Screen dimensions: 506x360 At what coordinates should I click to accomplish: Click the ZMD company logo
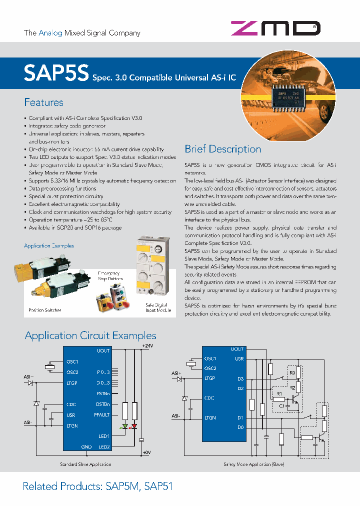pos(275,28)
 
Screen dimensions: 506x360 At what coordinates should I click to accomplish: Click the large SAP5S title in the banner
pos(55,73)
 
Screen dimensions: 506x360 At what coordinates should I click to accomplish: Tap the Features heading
pos(44,102)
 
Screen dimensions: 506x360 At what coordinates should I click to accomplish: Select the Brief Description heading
pos(222,149)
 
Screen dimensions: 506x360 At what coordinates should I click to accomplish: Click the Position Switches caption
pos(45,310)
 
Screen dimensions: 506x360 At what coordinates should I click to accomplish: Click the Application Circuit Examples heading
pos(90,335)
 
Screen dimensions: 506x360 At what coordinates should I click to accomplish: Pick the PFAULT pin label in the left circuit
pos(101,414)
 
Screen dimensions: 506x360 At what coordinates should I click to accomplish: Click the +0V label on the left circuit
pos(146,452)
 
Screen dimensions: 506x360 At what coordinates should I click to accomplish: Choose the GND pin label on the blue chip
pos(86,446)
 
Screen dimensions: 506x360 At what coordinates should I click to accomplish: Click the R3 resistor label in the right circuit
pos(293,372)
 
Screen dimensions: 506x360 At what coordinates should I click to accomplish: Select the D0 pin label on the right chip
pos(240,427)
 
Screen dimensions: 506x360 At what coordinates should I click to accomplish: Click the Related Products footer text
pos(97,486)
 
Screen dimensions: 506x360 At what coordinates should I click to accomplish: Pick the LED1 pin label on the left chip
pos(103,436)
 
